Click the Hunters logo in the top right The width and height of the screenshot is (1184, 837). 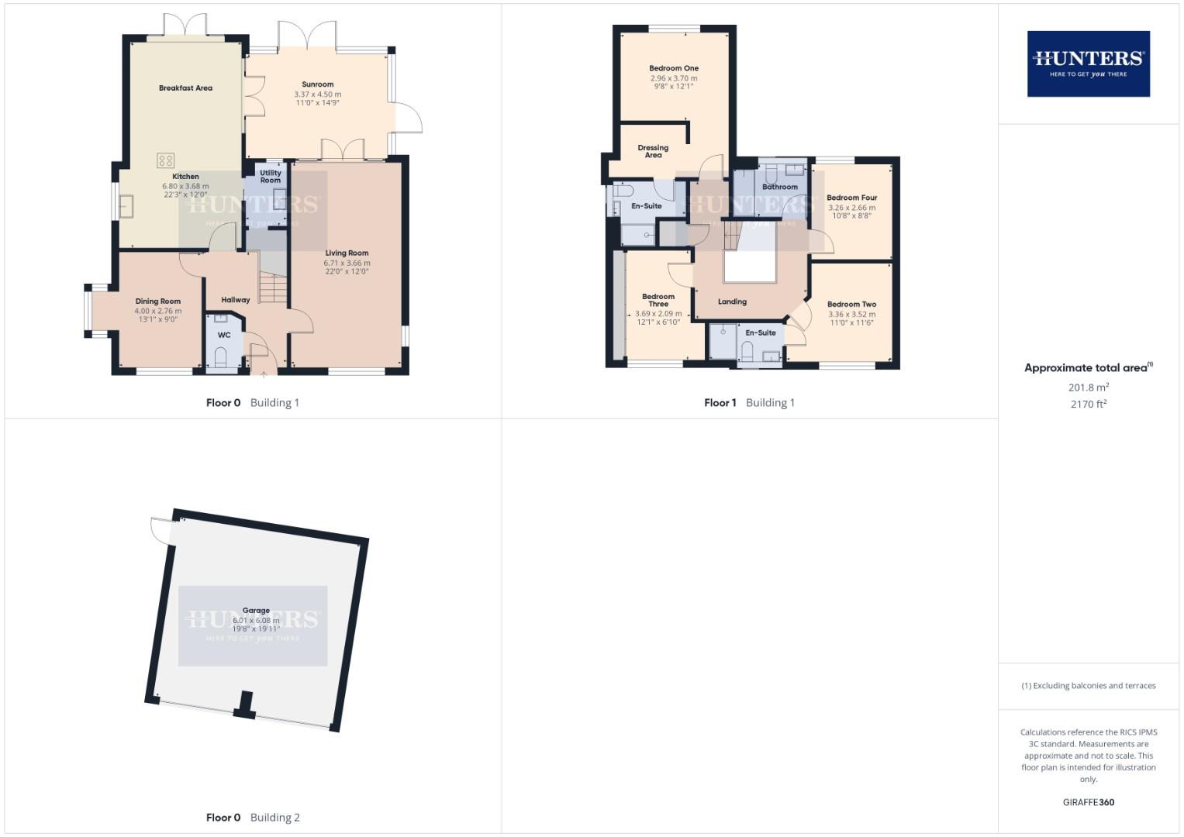click(1088, 64)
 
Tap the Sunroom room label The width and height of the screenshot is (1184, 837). click(318, 84)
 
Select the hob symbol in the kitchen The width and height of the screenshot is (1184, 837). click(166, 160)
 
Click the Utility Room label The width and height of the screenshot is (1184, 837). click(271, 177)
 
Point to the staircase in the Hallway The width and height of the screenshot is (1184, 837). click(273, 288)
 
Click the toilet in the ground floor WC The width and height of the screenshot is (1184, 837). click(221, 356)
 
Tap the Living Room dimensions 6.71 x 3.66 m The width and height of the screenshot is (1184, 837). click(347, 263)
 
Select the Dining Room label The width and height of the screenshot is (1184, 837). click(158, 301)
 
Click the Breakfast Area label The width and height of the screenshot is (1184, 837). click(185, 88)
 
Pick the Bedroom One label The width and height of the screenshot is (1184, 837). click(674, 68)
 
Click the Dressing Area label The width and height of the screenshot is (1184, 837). click(653, 151)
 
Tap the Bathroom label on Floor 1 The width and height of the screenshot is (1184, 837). click(780, 187)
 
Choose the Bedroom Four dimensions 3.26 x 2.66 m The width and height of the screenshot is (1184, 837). click(851, 208)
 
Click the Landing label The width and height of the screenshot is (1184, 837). click(732, 301)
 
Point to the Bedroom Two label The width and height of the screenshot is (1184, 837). click(851, 305)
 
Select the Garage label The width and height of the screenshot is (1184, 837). click(256, 611)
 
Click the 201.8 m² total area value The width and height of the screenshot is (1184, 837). click(1088, 387)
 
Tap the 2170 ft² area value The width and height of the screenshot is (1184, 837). click(1088, 404)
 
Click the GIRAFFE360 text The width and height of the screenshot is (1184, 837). click(1088, 802)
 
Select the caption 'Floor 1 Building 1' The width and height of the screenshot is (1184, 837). click(749, 403)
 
